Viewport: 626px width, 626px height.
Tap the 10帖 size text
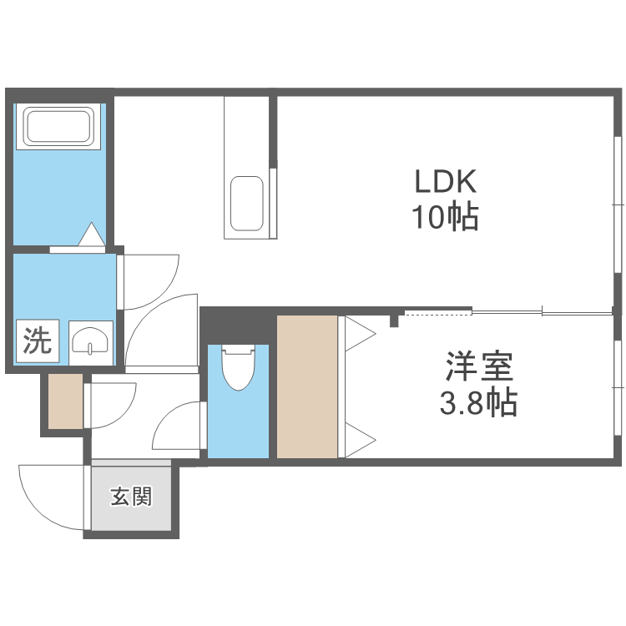tap(444, 218)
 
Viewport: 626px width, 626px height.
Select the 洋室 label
tap(477, 366)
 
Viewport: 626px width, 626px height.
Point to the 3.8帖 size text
tap(477, 404)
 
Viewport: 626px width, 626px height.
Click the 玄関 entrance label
tap(131, 497)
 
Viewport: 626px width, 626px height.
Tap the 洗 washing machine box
tap(35, 341)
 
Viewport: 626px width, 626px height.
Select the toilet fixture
tap(237, 367)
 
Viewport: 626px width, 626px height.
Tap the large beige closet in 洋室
tap(306, 386)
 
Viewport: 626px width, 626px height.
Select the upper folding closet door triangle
tap(361, 335)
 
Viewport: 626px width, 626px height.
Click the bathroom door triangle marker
tap(91, 235)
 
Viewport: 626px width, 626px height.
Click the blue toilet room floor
tap(239, 426)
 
